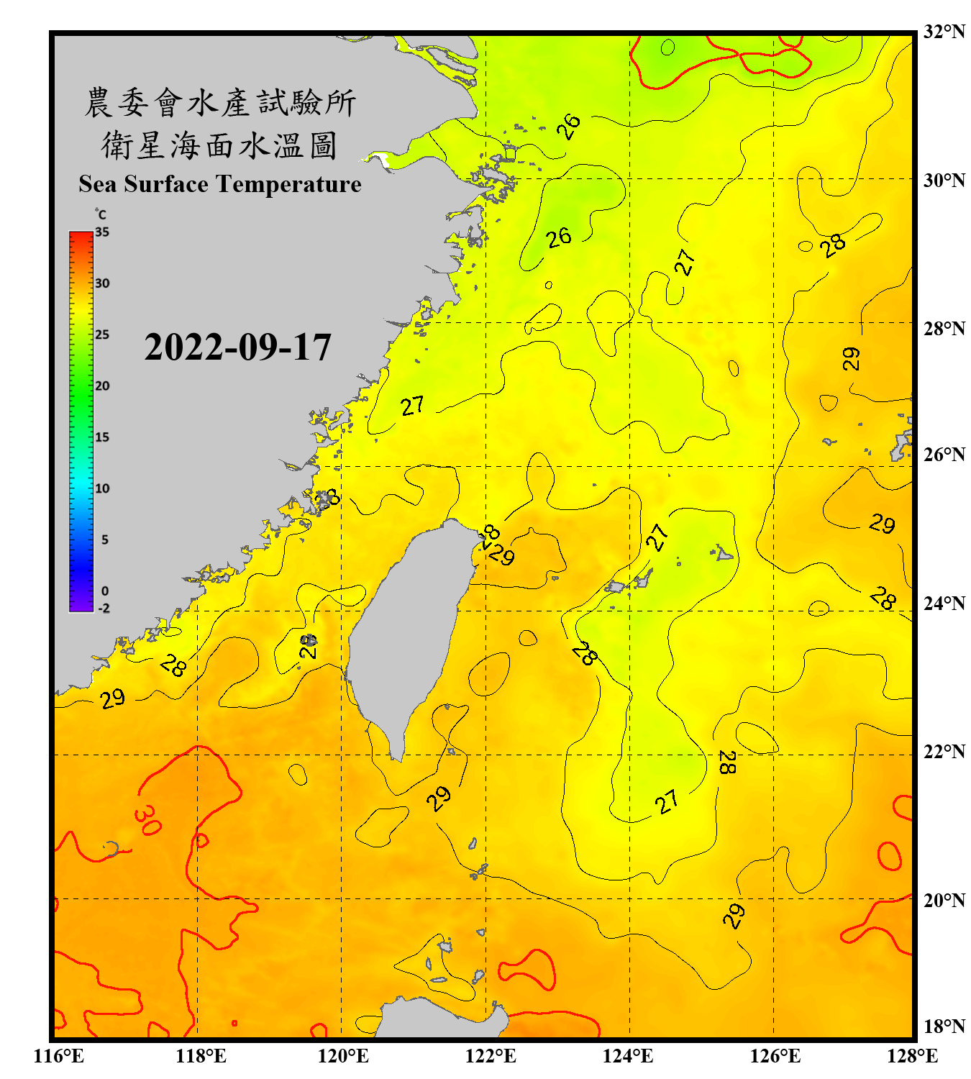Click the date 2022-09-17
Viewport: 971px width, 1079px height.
237,347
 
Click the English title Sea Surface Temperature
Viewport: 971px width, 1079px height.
220,184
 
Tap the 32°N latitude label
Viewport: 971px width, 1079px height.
944,32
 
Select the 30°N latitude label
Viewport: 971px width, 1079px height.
944,181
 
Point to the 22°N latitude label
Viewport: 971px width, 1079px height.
944,752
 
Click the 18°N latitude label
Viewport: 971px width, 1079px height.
944,1026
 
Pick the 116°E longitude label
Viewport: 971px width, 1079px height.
59,1056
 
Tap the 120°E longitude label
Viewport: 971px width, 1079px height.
343,1056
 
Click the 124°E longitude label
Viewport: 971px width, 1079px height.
628,1056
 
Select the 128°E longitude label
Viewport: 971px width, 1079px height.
912,1056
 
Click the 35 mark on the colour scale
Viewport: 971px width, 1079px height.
102,232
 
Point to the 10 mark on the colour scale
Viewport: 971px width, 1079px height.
102,488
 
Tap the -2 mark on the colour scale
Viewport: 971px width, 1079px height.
104,608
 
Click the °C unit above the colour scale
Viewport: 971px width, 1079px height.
101,214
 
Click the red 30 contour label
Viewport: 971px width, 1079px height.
147,820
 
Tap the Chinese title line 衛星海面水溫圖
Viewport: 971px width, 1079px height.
219,145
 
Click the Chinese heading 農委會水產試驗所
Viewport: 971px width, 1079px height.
220,103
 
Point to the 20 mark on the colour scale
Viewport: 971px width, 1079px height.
102,386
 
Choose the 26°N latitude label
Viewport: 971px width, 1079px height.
944,455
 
